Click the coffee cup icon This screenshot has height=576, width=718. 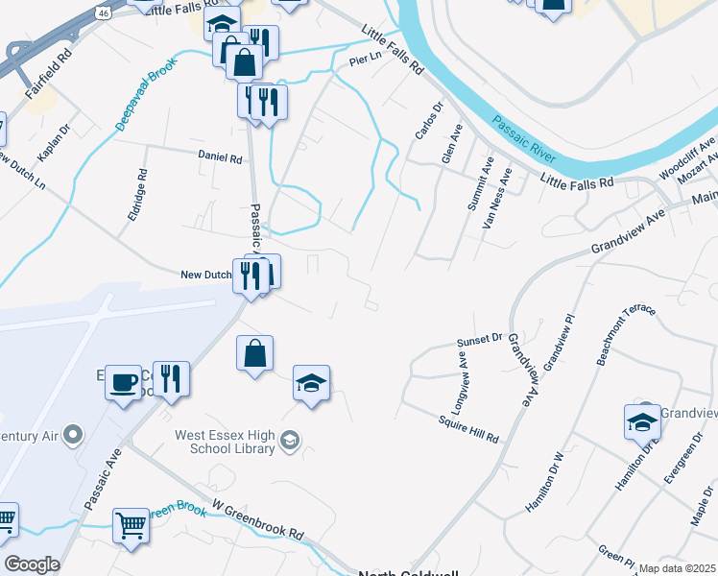click(123, 382)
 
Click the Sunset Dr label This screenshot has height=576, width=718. click(480, 340)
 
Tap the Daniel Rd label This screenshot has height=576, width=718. click(220, 156)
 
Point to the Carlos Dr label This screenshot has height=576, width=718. click(429, 120)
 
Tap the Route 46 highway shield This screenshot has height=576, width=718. click(103, 12)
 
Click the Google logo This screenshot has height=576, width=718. click(31, 564)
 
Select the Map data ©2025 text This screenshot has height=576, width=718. click(677, 568)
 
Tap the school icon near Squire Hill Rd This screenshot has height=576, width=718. click(311, 384)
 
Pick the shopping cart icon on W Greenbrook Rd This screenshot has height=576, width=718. click(131, 526)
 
